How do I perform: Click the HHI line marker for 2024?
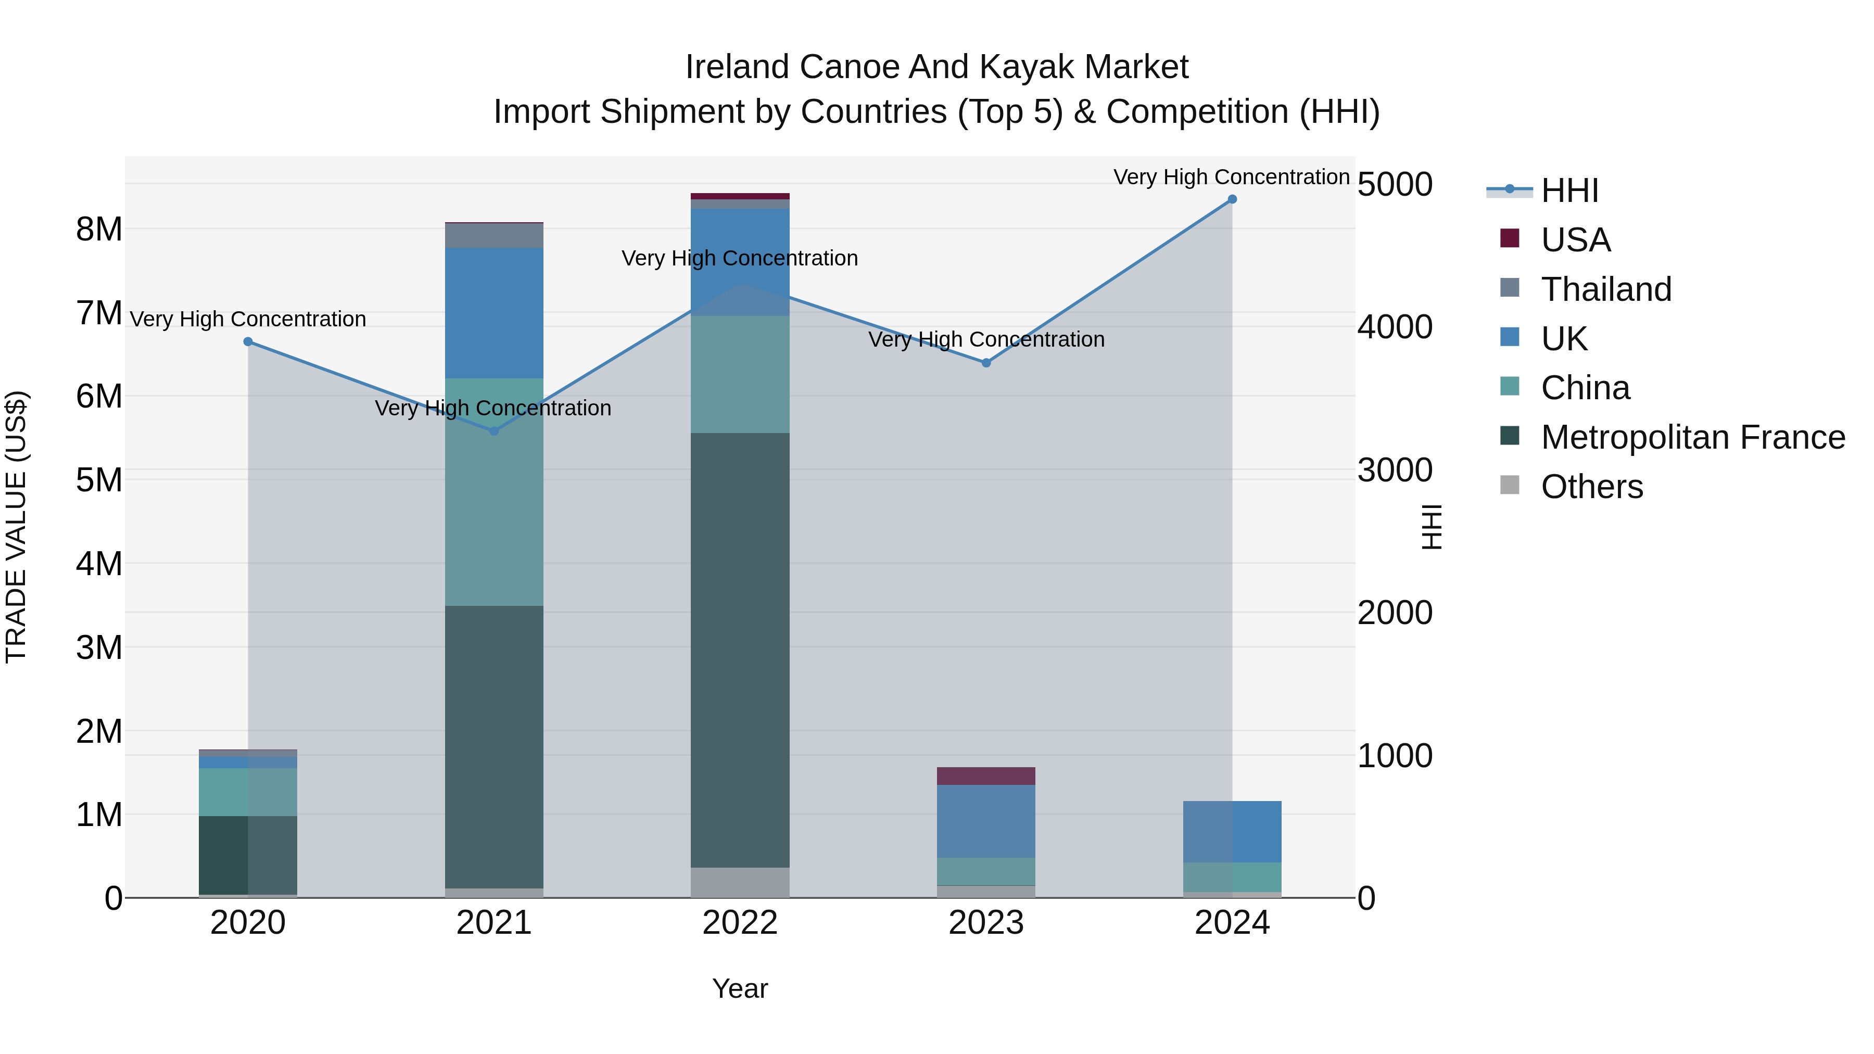(1232, 199)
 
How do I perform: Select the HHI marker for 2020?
(248, 342)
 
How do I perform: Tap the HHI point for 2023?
(986, 363)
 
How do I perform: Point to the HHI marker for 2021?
(494, 431)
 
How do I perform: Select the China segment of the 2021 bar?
(494, 492)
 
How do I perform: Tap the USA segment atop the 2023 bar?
(986, 776)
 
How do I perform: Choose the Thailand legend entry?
(1605, 289)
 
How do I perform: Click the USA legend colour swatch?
(1510, 238)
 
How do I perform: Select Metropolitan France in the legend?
(1692, 438)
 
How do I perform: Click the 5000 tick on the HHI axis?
(1395, 185)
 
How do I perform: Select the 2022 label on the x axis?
(740, 923)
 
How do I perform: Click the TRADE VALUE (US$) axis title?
(17, 527)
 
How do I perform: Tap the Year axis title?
(740, 988)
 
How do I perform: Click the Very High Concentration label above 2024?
(1231, 177)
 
